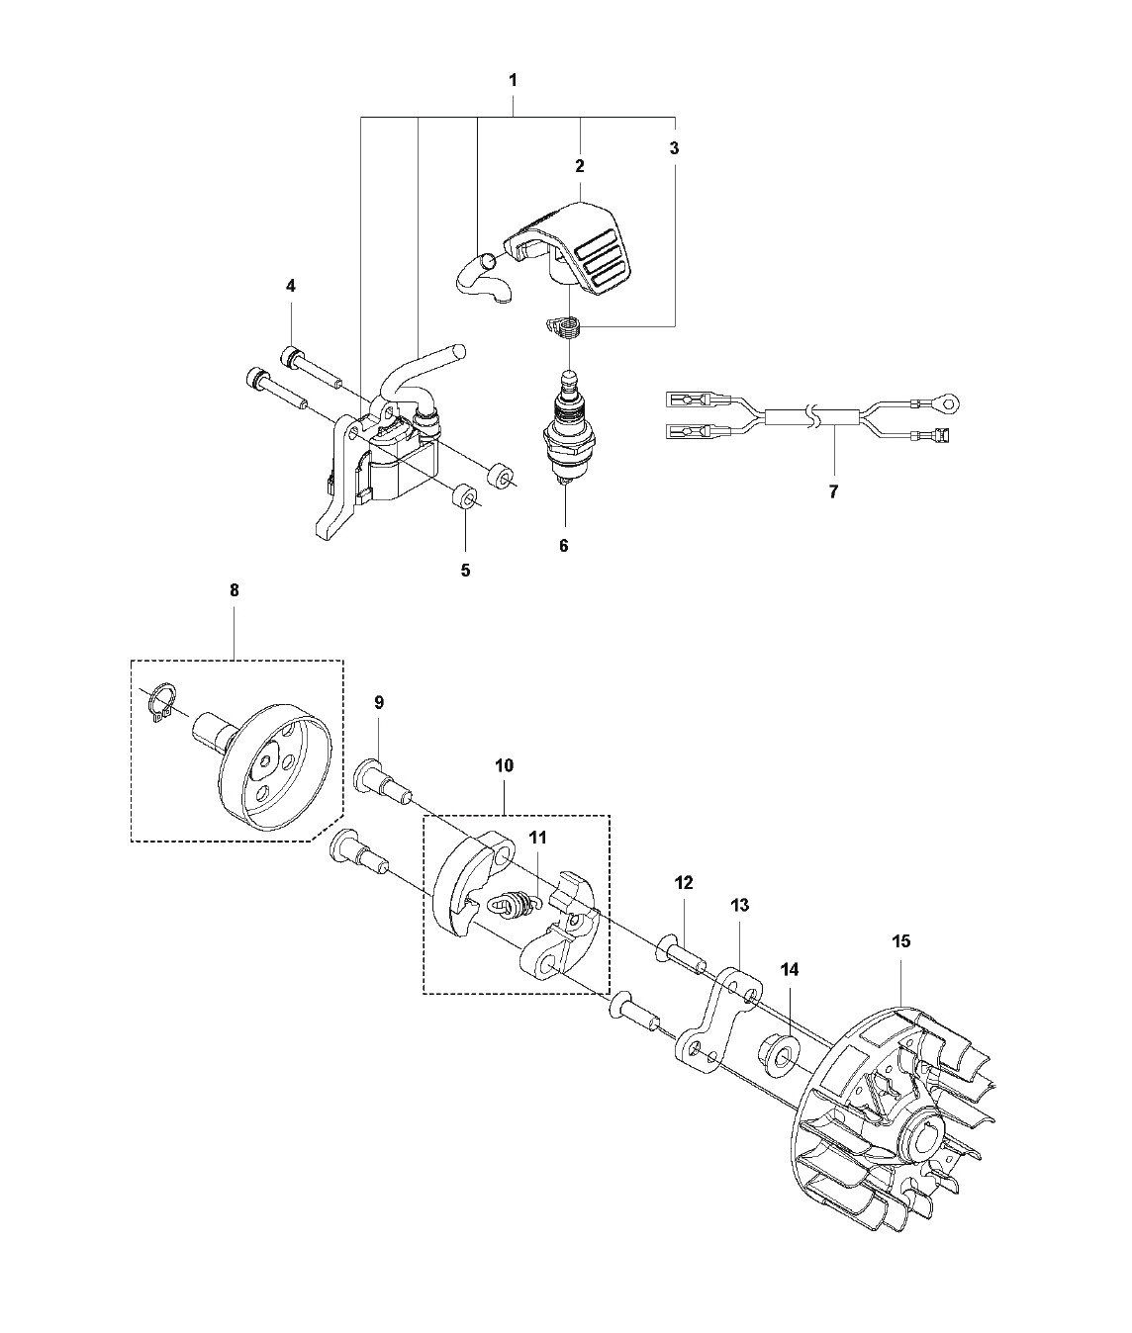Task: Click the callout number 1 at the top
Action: (x=514, y=81)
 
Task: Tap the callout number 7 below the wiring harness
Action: (x=834, y=492)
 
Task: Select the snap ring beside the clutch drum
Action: (x=160, y=705)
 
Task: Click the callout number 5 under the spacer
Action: (x=465, y=571)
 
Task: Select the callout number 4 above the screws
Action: (x=291, y=286)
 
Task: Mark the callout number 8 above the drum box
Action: (x=234, y=590)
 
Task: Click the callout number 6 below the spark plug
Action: (x=563, y=546)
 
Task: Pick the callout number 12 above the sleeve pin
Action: (x=683, y=883)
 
